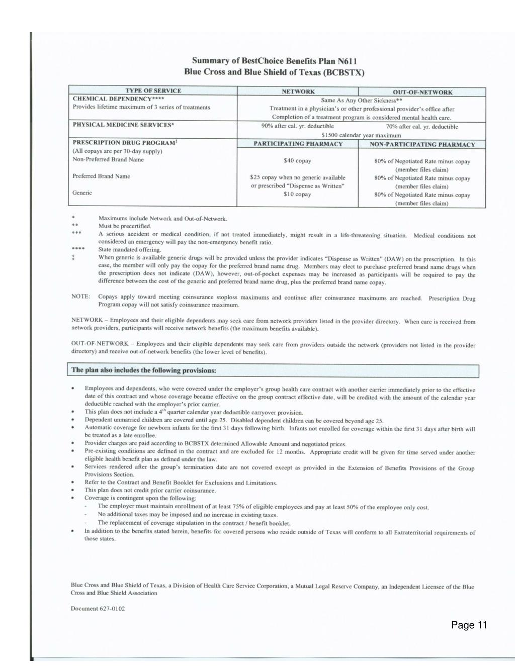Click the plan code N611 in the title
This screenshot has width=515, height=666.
[x=347, y=61]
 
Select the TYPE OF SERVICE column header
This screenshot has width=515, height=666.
[x=153, y=91]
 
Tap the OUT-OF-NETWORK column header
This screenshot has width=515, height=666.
[x=422, y=92]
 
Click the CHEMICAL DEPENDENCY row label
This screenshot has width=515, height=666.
[x=118, y=99]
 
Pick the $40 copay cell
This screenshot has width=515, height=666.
[x=298, y=161]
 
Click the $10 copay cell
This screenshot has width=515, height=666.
[x=298, y=195]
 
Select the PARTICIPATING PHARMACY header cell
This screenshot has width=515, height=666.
[x=298, y=144]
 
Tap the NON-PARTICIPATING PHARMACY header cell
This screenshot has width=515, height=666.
[x=422, y=145]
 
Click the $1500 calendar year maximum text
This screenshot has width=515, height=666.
[x=361, y=135]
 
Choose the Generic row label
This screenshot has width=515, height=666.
[x=82, y=193]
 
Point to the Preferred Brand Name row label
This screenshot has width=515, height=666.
[x=101, y=176]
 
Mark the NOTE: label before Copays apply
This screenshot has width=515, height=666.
[x=80, y=297]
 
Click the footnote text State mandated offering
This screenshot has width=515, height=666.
[x=130, y=249]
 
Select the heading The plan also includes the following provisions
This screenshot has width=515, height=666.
[x=144, y=370]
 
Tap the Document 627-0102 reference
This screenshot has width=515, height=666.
[x=98, y=609]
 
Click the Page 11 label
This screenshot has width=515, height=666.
[x=469, y=625]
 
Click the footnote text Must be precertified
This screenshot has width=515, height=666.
[x=125, y=226]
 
